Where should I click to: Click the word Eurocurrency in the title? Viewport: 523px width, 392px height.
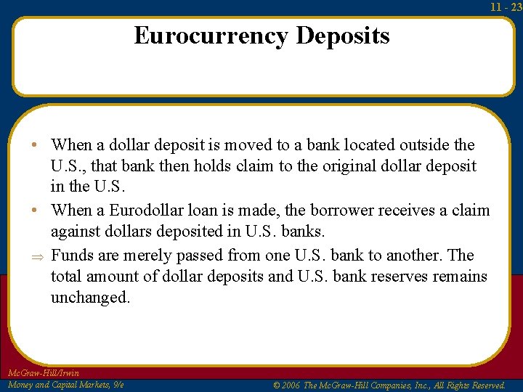pyautogui.click(x=211, y=36)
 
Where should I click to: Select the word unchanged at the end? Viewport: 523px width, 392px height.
pyautogui.click(x=89, y=298)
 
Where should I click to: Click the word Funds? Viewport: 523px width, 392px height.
pyautogui.click(x=73, y=255)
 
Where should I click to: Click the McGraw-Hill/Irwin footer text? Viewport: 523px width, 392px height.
pyautogui.click(x=43, y=373)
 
